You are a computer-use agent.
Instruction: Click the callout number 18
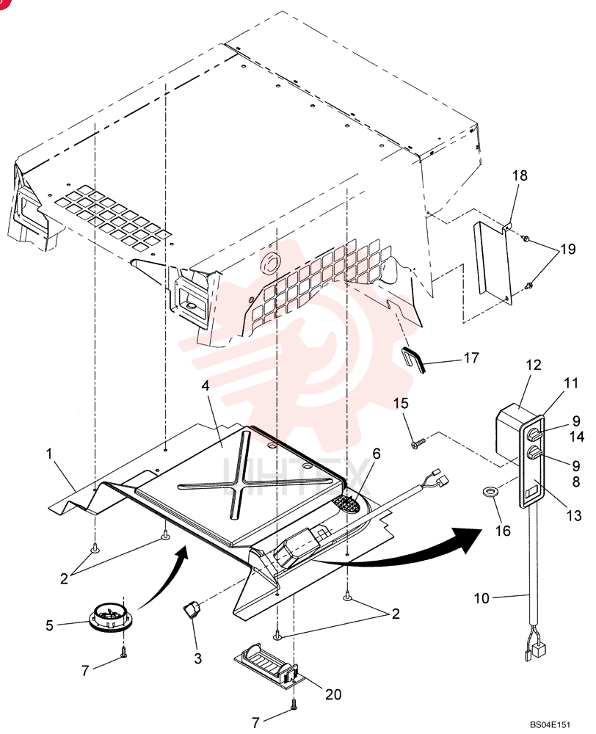(x=520, y=175)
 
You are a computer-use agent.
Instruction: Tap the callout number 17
(x=471, y=357)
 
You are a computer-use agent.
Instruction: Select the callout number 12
(x=534, y=365)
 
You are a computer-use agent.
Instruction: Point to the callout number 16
(x=504, y=531)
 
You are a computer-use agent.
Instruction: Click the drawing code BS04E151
(x=550, y=724)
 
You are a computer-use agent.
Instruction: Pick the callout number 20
(x=333, y=694)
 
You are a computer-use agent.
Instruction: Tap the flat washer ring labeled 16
(x=490, y=492)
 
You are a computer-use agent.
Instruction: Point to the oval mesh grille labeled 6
(x=346, y=505)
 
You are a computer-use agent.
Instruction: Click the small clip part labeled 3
(x=190, y=611)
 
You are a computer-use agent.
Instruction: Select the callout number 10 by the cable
(x=481, y=597)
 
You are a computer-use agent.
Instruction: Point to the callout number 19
(x=567, y=249)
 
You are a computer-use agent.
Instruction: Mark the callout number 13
(x=574, y=515)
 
